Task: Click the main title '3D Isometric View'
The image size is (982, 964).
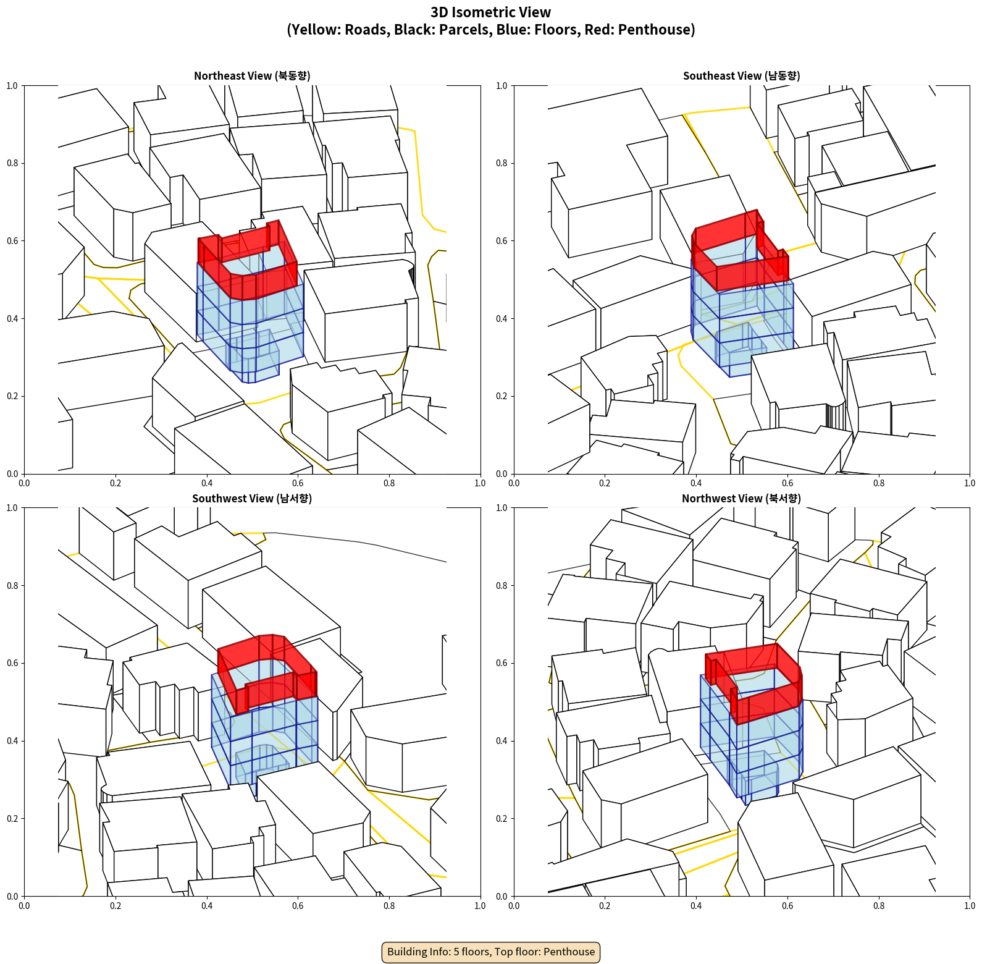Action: (491, 12)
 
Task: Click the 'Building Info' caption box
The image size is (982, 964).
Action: (491, 952)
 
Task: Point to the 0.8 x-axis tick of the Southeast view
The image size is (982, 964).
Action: (879, 483)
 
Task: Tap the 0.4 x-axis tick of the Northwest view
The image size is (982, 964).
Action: (696, 906)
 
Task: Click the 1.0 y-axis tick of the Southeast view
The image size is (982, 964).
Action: (501, 86)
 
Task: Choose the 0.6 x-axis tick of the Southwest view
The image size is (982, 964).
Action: (298, 906)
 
